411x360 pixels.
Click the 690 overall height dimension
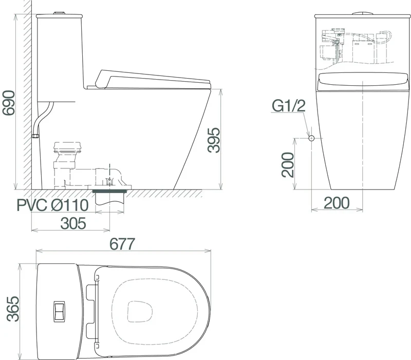[x=8, y=103]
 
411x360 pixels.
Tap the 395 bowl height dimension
[x=214, y=140]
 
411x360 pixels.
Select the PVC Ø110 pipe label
[x=52, y=205]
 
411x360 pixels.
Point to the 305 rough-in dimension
[x=73, y=223]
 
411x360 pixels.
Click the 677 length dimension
[x=122, y=244]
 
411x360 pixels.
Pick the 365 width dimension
[x=13, y=309]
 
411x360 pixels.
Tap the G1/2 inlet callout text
[x=289, y=106]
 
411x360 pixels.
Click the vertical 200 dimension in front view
[x=288, y=165]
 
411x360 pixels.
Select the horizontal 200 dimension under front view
[x=337, y=203]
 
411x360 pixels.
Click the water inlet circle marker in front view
[x=311, y=138]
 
